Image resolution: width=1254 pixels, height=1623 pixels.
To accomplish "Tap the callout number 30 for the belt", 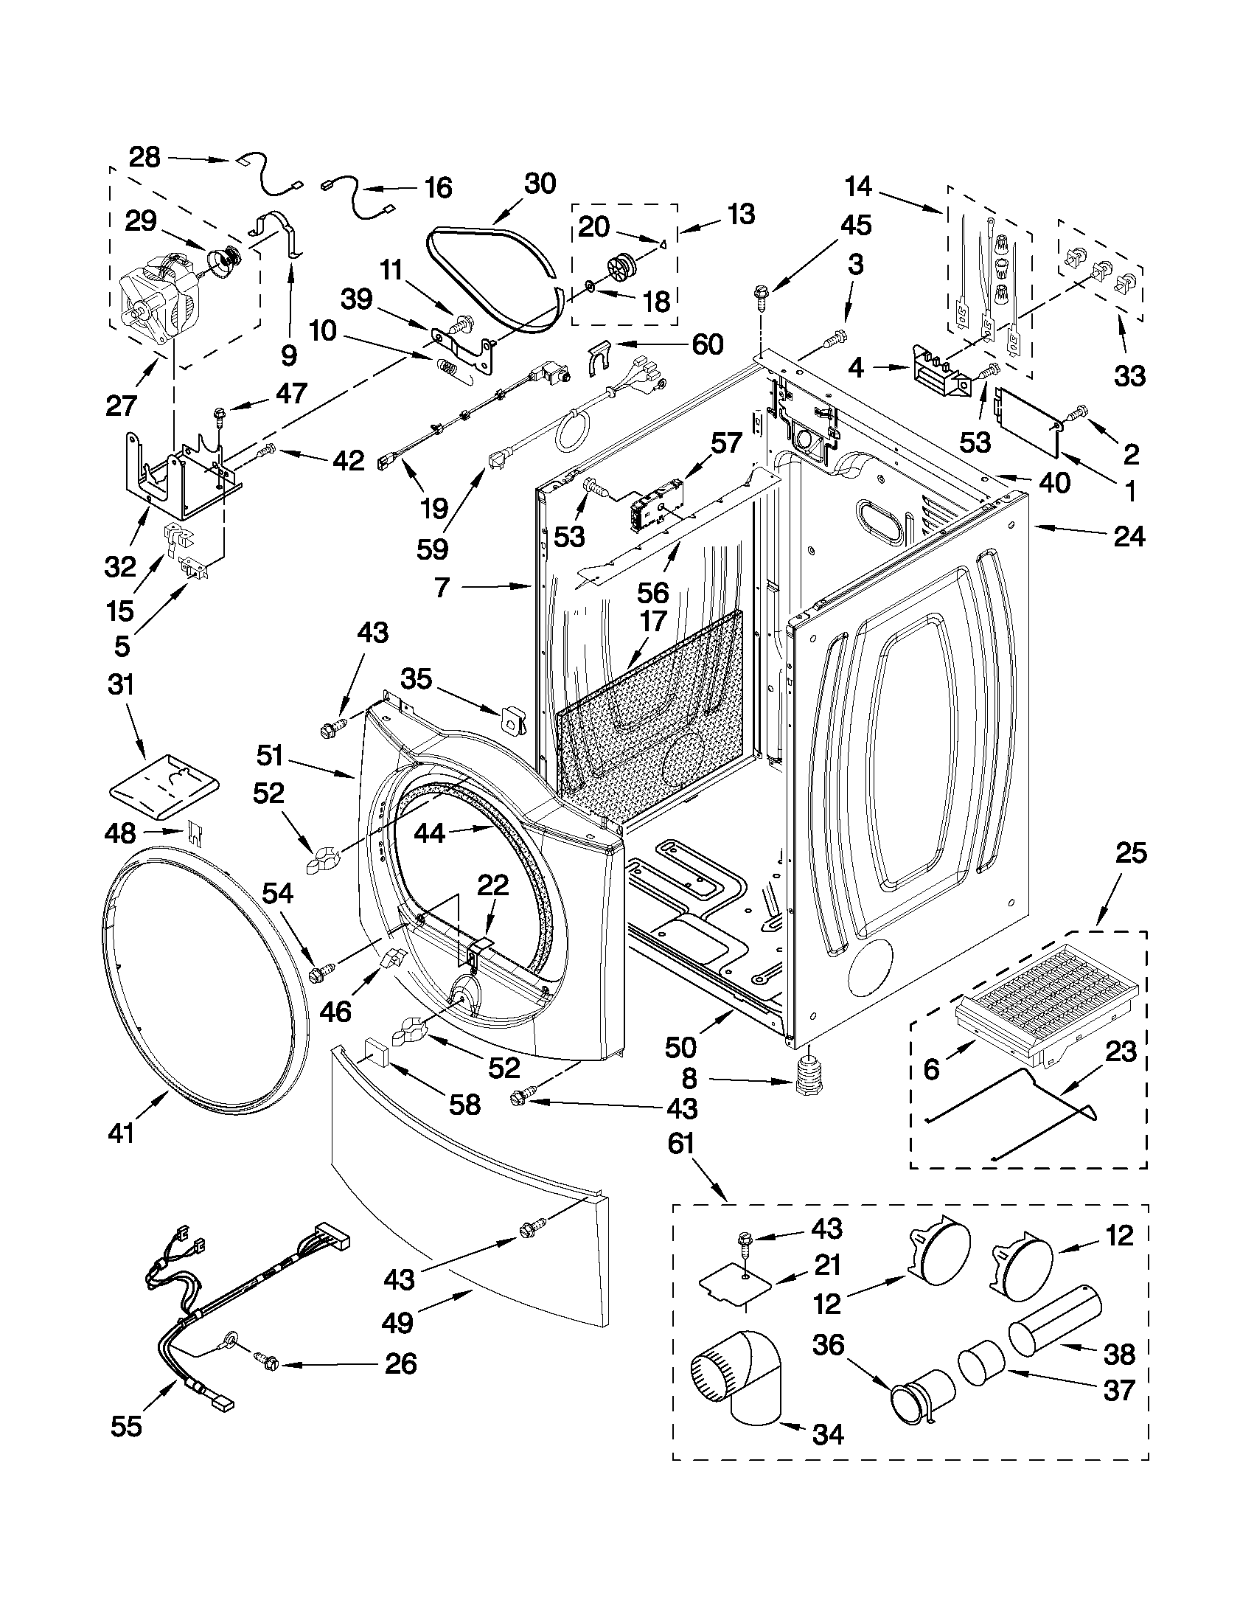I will point(540,184).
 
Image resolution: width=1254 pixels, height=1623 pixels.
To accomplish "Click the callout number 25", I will point(1130,853).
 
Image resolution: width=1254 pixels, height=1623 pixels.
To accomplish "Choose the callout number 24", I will point(1129,536).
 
